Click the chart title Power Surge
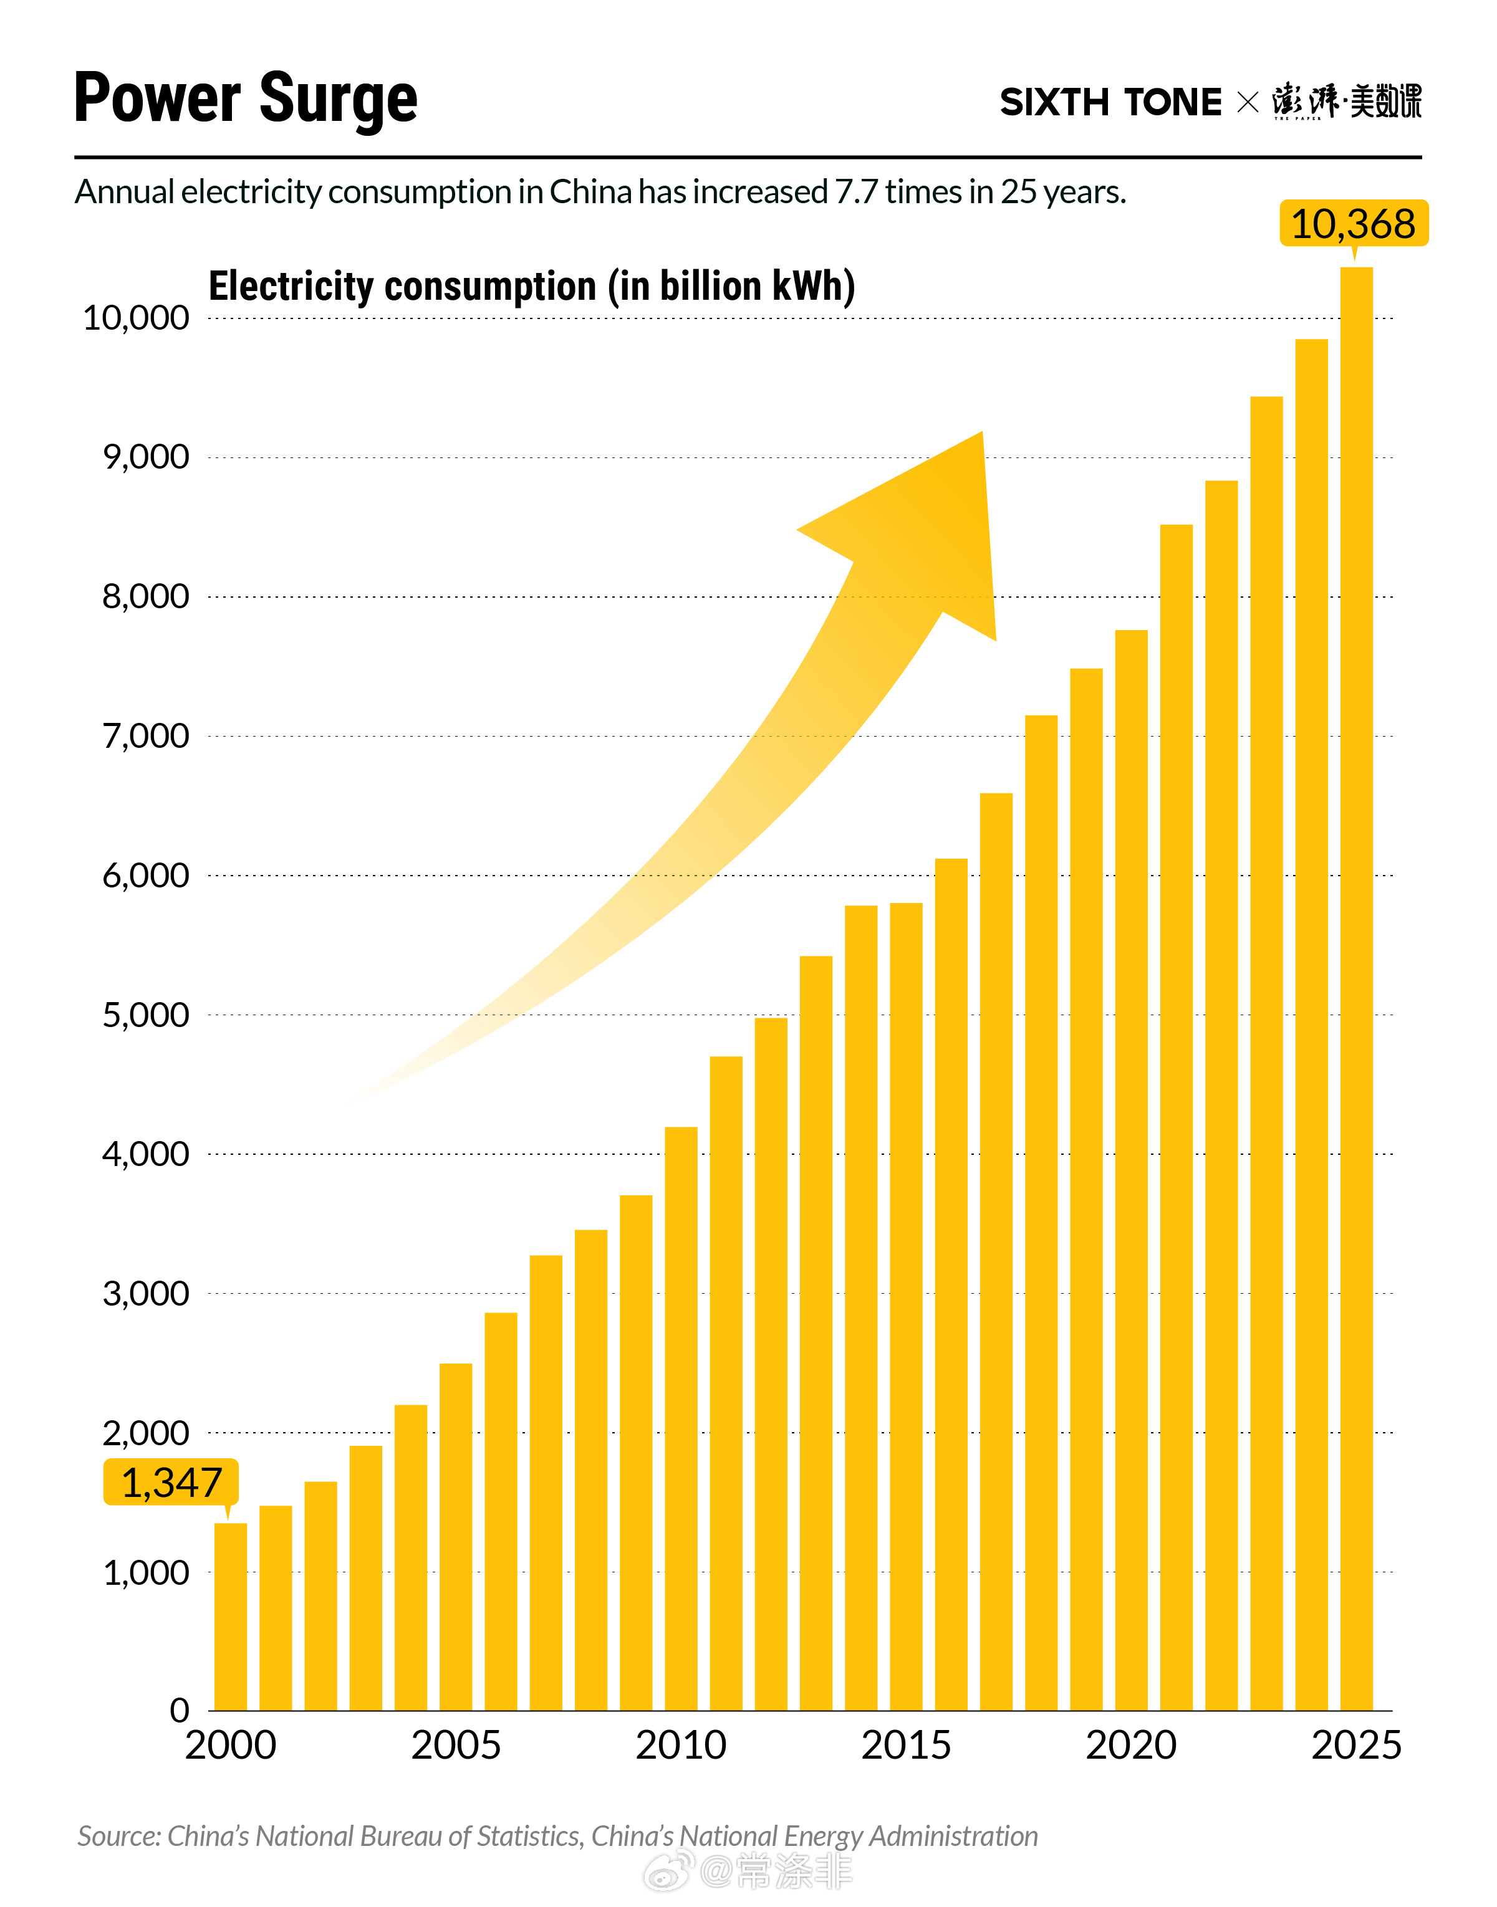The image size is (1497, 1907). tap(246, 98)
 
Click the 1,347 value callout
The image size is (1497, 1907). tap(171, 1483)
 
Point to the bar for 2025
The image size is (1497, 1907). tap(1356, 990)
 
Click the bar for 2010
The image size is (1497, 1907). tap(681, 1419)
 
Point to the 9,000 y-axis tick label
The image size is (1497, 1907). tap(145, 457)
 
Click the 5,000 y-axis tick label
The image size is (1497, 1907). tap(145, 1015)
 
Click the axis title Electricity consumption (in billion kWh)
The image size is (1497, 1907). tap(531, 287)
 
